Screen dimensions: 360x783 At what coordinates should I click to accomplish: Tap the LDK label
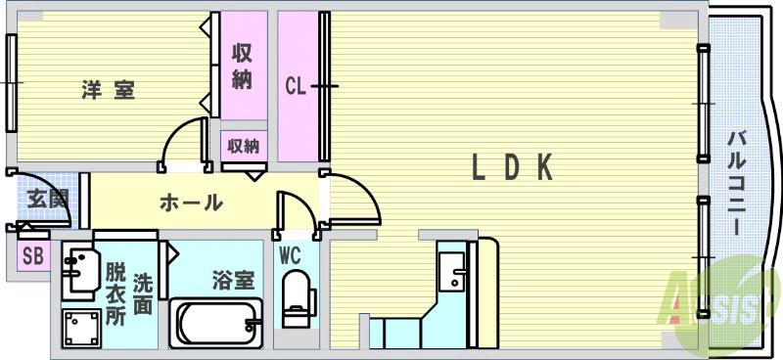click(513, 168)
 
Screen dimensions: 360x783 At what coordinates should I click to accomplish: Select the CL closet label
click(297, 86)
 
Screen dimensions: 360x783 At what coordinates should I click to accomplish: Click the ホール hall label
click(190, 203)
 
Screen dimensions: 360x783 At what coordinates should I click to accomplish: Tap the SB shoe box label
click(32, 257)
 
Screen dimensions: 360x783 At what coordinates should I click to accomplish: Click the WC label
click(291, 256)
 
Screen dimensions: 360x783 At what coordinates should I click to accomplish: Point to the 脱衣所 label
click(116, 293)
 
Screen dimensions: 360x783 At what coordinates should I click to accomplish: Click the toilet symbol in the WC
click(294, 298)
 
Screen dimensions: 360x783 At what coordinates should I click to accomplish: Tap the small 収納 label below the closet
click(244, 147)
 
